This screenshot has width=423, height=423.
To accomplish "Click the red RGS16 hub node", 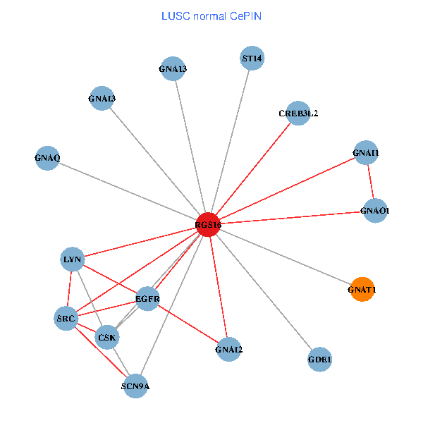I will point(208,223).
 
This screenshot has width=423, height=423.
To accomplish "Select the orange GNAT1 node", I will point(362,288).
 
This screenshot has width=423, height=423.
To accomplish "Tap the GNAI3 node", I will point(102,98).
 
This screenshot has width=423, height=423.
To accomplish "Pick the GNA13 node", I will point(173,68).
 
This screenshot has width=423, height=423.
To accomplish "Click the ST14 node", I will point(252,59).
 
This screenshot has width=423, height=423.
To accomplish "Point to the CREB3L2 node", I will point(298,113).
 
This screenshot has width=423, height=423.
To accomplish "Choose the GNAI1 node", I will point(365,153).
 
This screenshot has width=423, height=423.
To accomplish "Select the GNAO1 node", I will point(374,210).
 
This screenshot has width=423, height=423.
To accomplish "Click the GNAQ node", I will point(47,158).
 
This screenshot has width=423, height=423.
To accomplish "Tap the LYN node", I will point(73,259).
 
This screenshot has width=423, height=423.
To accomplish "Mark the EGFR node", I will point(148,299).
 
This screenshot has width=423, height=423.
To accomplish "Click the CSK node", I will point(107,338).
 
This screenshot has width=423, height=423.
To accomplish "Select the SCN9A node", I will point(135,385).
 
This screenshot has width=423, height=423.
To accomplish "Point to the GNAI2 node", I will point(228,349).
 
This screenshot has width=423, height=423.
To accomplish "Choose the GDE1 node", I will point(319,360).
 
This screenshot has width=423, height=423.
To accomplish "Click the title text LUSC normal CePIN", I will point(211,16).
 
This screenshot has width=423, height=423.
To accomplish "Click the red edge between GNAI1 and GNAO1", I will point(370,182).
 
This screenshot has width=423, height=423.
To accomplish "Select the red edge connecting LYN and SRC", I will point(70,289).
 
